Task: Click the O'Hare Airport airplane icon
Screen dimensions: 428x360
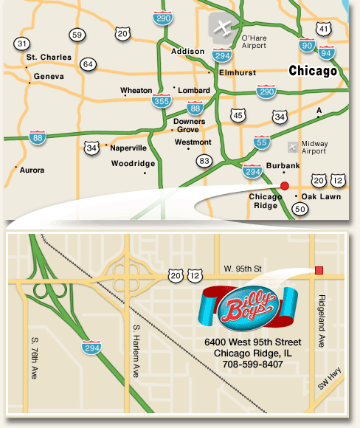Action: click(x=221, y=27)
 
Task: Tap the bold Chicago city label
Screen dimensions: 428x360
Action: click(x=313, y=72)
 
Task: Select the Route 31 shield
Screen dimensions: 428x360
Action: click(x=23, y=44)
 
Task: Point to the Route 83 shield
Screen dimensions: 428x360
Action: click(x=204, y=160)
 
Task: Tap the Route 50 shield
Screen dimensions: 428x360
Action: click(x=300, y=210)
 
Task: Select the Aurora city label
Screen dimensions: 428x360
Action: click(x=32, y=170)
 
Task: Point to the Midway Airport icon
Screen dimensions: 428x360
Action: click(x=294, y=146)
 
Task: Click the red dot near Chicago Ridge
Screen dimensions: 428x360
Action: click(x=285, y=186)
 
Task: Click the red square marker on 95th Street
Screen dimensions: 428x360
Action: click(x=319, y=270)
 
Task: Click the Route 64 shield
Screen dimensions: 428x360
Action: click(x=89, y=64)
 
